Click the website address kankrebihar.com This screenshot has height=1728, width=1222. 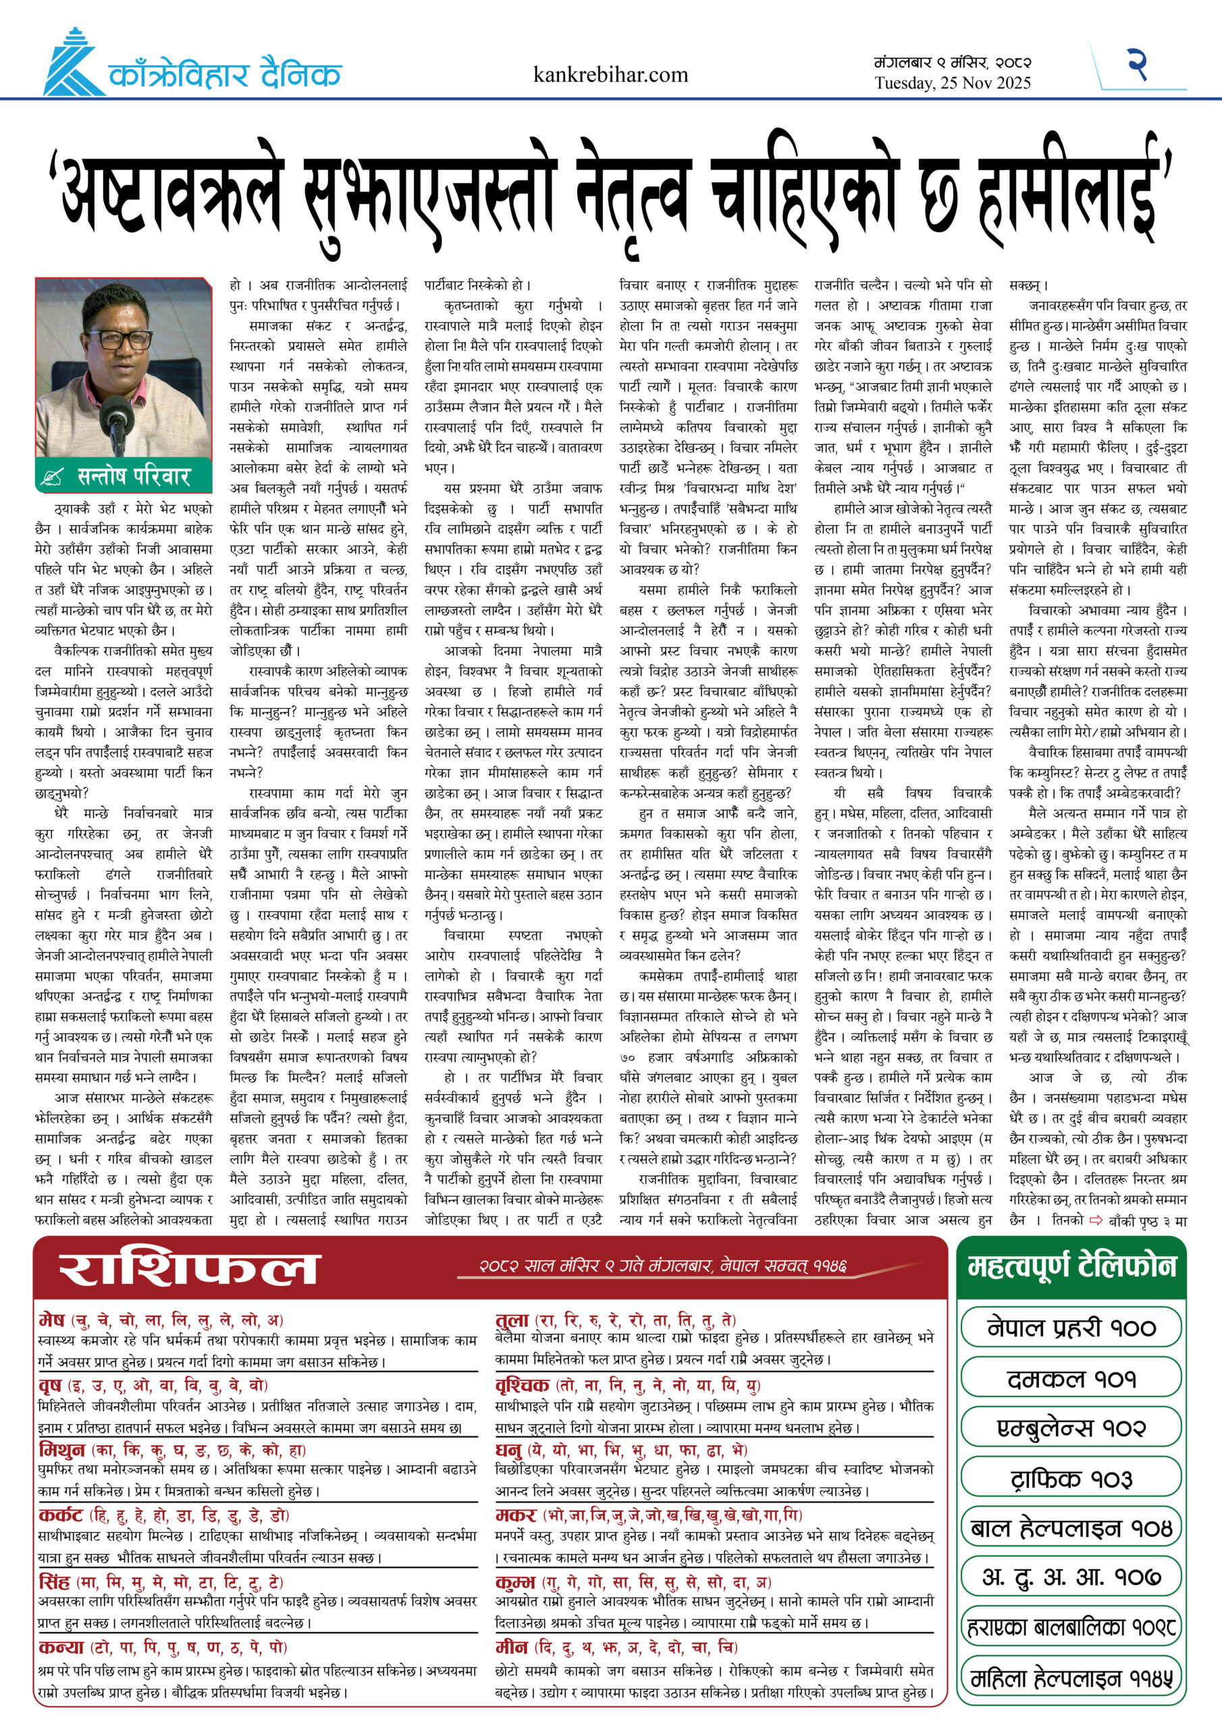(610, 75)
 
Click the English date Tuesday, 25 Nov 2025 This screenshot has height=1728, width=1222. (953, 84)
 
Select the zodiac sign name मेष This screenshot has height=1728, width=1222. (52, 1320)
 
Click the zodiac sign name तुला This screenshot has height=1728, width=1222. (512, 1320)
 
